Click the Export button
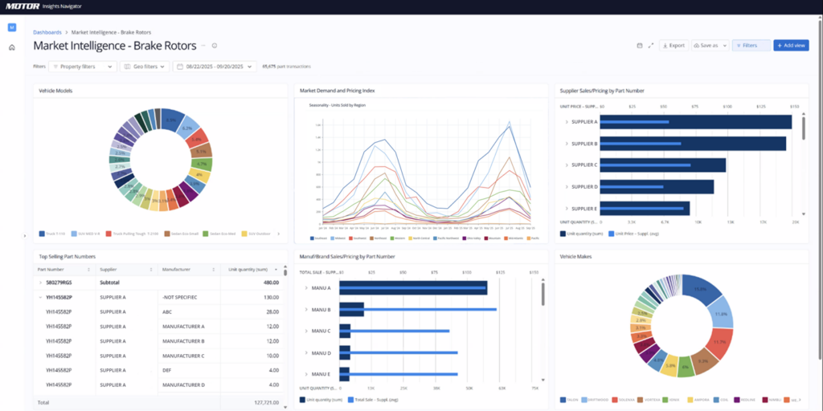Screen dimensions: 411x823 pyautogui.click(x=674, y=46)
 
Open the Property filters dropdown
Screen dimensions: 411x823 pyautogui.click(x=83, y=67)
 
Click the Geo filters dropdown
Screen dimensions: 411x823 pyautogui.click(x=144, y=67)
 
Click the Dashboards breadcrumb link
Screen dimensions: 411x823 pyautogui.click(x=47, y=32)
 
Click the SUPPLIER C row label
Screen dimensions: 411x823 pyautogui.click(x=583, y=165)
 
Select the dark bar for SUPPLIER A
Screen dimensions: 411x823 pyautogui.click(x=696, y=122)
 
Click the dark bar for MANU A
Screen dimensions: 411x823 pyautogui.click(x=414, y=289)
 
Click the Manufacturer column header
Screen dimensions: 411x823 pyautogui.click(x=178, y=269)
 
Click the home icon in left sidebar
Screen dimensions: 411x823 pyautogui.click(x=12, y=47)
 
